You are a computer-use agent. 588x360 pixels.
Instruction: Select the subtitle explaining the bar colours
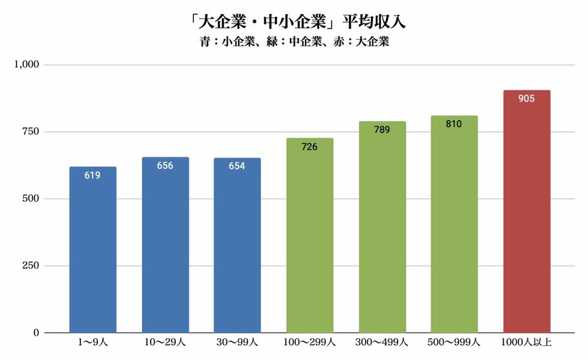click(x=293, y=42)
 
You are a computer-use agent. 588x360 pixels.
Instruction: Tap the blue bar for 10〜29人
click(x=165, y=250)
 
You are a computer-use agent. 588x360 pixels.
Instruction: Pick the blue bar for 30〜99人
click(x=237, y=250)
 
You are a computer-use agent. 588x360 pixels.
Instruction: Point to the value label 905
click(x=526, y=99)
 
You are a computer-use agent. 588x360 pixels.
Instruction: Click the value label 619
click(x=93, y=176)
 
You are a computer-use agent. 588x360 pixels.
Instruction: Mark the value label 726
click(x=310, y=147)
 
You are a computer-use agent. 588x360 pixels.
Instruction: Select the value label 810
click(x=454, y=124)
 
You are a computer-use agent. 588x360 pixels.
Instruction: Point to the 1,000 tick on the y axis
click(x=28, y=65)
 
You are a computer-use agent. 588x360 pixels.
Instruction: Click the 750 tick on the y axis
click(x=32, y=132)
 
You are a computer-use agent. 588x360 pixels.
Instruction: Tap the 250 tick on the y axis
click(x=32, y=265)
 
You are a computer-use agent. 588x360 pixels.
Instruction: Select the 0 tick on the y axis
click(x=37, y=333)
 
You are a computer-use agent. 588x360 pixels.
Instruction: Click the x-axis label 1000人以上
click(x=526, y=344)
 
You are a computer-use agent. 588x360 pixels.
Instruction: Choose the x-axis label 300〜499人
click(x=382, y=344)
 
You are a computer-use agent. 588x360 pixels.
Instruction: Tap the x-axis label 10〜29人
click(x=165, y=344)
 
